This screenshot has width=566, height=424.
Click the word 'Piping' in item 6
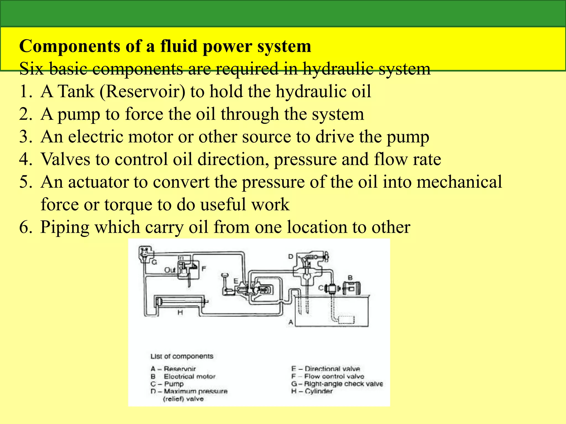point(65,227)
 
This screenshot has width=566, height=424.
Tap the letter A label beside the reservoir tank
point(290,322)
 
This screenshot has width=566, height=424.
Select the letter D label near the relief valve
point(290,257)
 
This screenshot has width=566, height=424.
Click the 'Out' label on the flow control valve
point(170,270)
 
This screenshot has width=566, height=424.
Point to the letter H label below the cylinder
point(180,312)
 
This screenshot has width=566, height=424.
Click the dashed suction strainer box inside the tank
point(346,320)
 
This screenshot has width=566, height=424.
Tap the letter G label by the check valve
point(154,262)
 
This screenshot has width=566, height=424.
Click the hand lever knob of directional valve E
point(225,275)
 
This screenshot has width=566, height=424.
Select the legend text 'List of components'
point(182,356)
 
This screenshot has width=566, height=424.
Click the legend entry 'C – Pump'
point(167,384)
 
